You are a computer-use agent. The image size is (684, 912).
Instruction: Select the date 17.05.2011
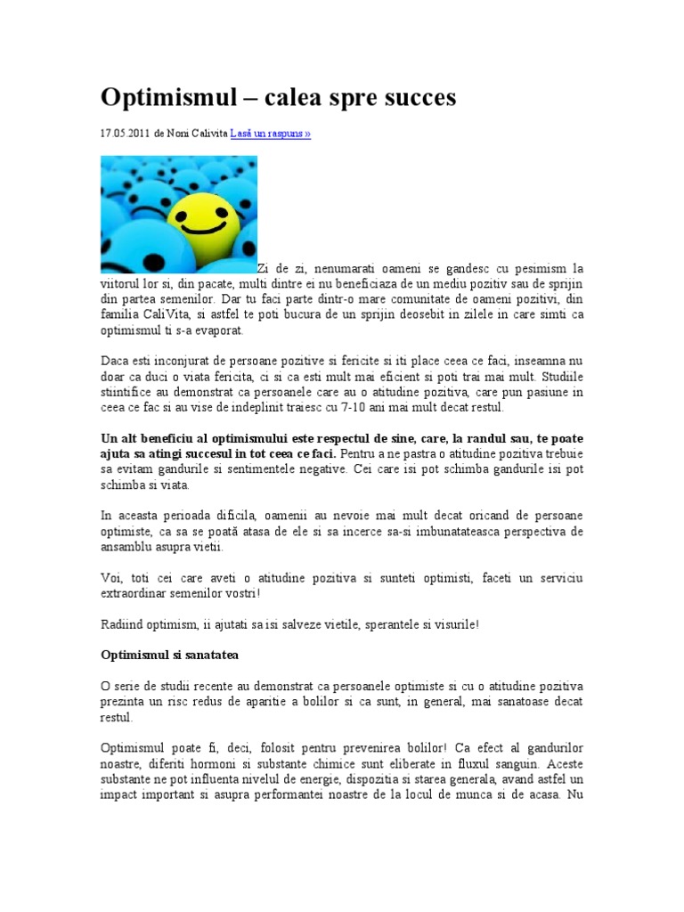point(126,134)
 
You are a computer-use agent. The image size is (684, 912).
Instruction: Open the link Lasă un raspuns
point(271,134)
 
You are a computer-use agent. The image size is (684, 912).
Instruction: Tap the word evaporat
point(216,331)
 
